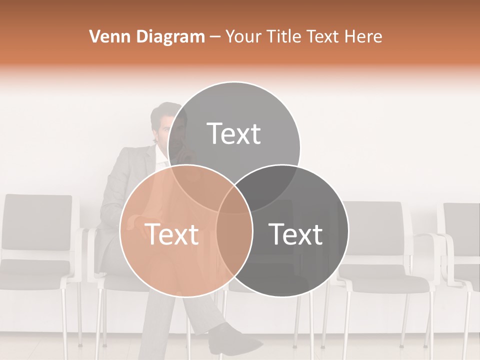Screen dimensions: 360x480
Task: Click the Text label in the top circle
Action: click(234, 134)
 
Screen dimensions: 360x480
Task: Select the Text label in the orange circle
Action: click(171, 234)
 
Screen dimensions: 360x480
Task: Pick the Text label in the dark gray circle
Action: click(296, 234)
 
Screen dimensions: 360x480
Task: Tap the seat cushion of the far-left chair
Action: click(35, 267)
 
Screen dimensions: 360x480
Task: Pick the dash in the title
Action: click(215, 37)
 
